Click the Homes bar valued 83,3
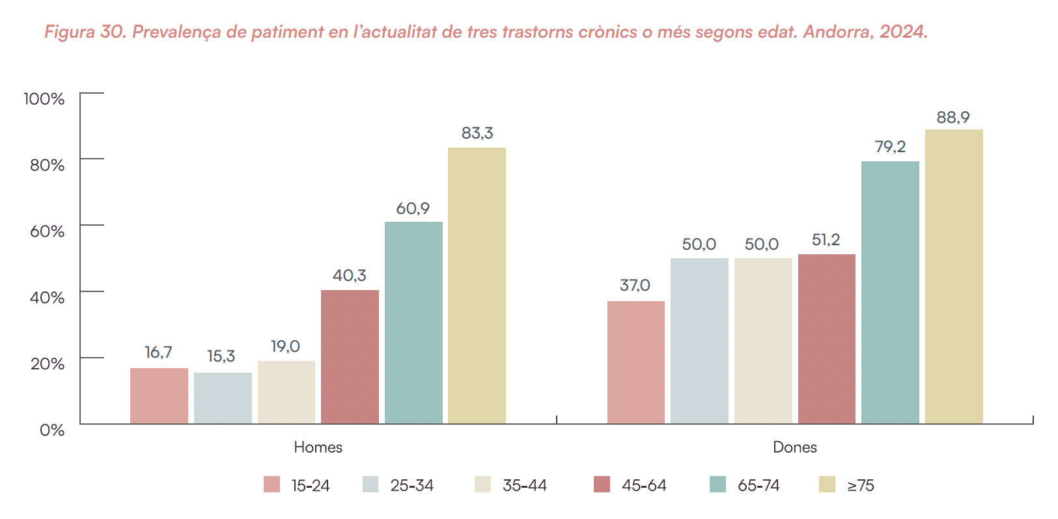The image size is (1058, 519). click(477, 286)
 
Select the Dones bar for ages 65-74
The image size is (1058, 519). click(890, 293)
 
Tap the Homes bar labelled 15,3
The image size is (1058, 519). click(223, 398)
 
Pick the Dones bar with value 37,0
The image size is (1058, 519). click(635, 362)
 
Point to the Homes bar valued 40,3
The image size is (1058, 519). click(350, 356)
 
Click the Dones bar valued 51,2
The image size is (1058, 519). click(826, 339)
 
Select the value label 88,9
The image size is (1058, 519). click(953, 118)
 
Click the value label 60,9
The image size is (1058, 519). click(413, 209)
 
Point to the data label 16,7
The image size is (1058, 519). click(158, 353)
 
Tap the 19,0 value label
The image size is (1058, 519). click(285, 347)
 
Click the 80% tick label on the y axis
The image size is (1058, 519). click(48, 165)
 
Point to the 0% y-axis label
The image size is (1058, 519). click(52, 430)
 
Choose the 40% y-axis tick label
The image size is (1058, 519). click(48, 298)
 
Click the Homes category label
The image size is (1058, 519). click(318, 447)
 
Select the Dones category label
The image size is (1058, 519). click(794, 447)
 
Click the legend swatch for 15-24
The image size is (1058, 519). click(271, 485)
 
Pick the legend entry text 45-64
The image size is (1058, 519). click(644, 486)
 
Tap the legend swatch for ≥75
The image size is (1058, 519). click(827, 485)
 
